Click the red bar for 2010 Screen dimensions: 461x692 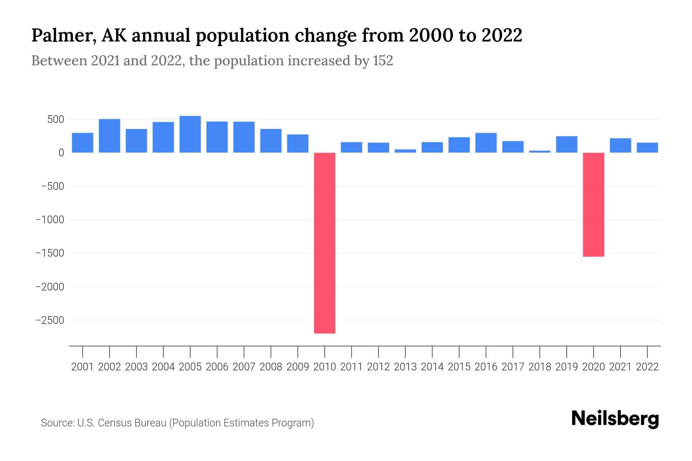[324, 243]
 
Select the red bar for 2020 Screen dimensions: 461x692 [594, 204]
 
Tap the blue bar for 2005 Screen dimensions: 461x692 [190, 134]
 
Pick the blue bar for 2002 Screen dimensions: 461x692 [110, 136]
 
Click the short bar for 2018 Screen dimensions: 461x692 [540, 151]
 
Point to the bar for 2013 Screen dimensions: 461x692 [405, 151]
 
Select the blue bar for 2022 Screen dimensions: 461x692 [647, 148]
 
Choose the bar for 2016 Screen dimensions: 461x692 [486, 143]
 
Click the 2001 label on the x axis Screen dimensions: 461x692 [83, 367]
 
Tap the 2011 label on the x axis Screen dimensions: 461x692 [351, 367]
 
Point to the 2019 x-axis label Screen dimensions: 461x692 [567, 367]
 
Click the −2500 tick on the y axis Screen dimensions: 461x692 [50, 320]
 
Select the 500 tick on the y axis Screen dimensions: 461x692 [56, 119]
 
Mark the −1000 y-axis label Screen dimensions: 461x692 [50, 220]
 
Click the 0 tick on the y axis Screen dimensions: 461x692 [61, 153]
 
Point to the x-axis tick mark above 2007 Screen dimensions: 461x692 [244, 352]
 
